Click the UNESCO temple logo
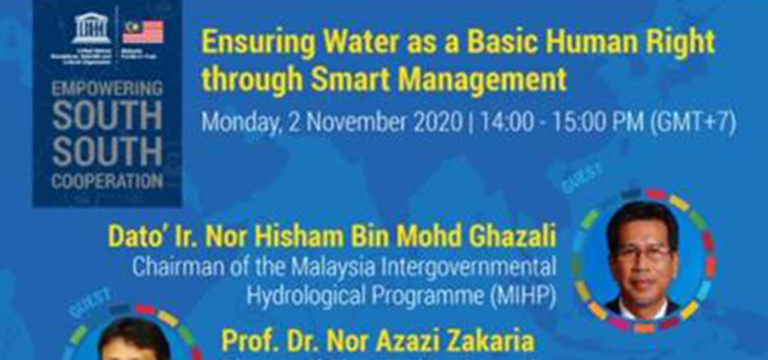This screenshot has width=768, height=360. pyautogui.click(x=91, y=28)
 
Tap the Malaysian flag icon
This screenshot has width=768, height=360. pyautogui.click(x=143, y=31)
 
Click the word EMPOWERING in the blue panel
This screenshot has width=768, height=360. pyautogui.click(x=107, y=88)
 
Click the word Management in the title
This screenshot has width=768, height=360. pyautogui.click(x=482, y=79)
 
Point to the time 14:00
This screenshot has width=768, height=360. pyautogui.click(x=507, y=122)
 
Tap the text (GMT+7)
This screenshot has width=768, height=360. pyautogui.click(x=693, y=122)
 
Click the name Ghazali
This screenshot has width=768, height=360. pyautogui.click(x=512, y=236)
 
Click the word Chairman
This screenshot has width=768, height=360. pyautogui.click(x=178, y=267)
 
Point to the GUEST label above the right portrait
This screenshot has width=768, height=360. pyautogui.click(x=582, y=178)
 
